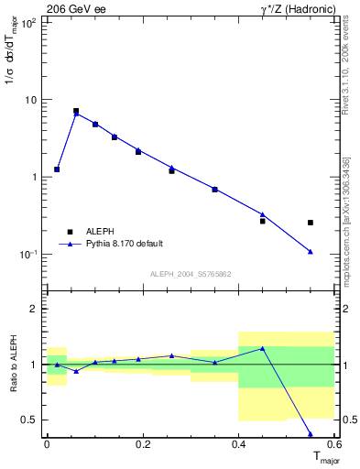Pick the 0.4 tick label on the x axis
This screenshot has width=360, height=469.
(x=238, y=444)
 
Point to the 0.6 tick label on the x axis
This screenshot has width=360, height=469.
(x=333, y=444)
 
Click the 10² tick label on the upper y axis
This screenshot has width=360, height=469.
(x=29, y=22)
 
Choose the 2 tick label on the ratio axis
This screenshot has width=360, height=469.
(x=37, y=310)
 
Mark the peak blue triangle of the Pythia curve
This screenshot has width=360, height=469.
(x=76, y=114)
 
